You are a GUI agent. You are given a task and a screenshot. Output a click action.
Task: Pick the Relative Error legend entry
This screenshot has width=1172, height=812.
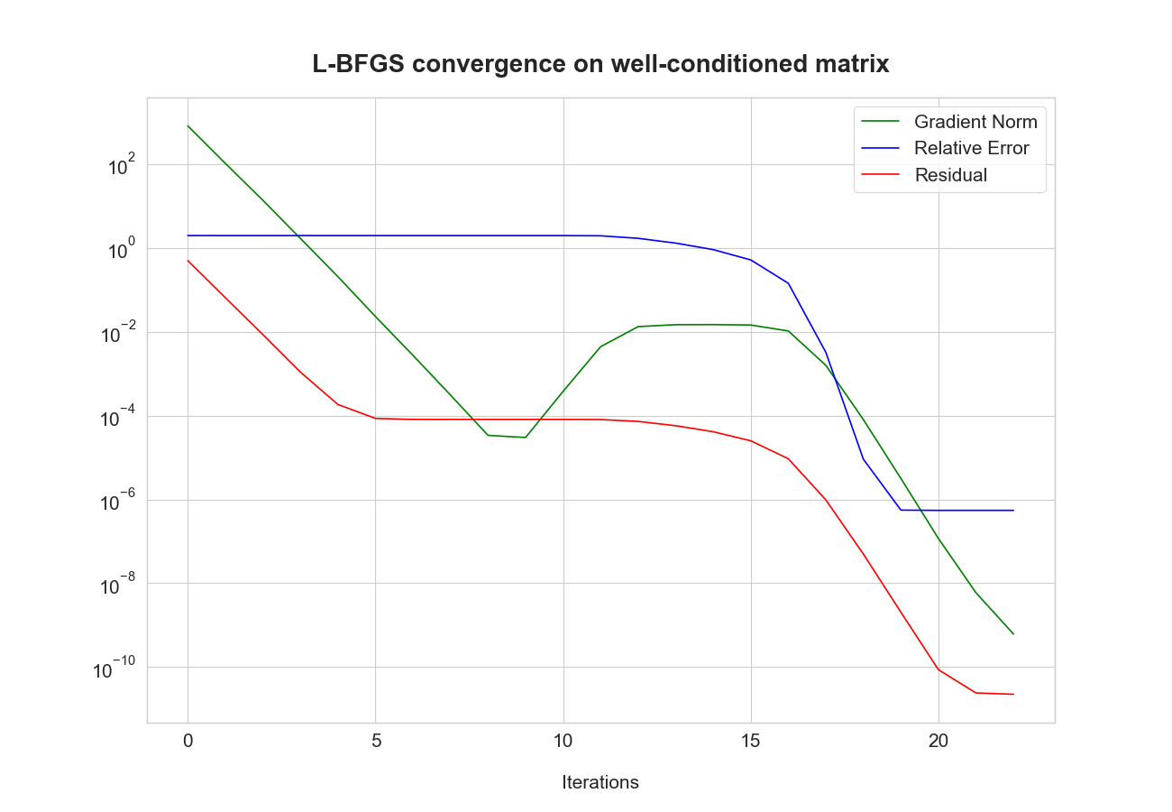tap(971, 148)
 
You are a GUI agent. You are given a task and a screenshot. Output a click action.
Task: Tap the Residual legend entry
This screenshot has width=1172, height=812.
tap(950, 175)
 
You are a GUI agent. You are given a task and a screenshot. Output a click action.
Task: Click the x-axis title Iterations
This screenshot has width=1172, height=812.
tap(600, 782)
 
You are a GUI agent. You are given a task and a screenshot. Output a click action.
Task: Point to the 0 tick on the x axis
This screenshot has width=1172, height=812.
tap(188, 741)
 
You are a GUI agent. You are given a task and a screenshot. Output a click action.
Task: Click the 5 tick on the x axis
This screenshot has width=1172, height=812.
tap(376, 741)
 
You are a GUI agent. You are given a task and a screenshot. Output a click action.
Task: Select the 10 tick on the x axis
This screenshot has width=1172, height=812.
tap(563, 741)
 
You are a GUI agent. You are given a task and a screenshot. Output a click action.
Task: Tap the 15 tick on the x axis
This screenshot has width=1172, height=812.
tap(751, 741)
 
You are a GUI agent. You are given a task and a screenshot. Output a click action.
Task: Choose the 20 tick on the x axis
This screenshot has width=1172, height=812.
tap(939, 741)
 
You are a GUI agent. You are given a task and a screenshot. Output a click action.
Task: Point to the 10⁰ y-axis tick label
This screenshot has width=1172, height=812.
tap(120, 250)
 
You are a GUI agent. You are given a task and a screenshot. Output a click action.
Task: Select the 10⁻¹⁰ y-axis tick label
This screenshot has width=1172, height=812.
tap(114, 669)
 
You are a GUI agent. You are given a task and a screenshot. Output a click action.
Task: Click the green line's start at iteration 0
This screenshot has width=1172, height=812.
tap(188, 125)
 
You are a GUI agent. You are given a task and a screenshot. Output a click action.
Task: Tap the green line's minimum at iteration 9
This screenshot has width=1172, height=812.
tap(526, 438)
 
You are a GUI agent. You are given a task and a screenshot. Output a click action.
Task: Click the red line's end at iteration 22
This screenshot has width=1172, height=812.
tap(1013, 694)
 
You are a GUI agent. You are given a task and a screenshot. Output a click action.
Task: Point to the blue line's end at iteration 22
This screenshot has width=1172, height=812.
tap(1013, 511)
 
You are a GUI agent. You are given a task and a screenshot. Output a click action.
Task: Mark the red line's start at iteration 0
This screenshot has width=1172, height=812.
tap(188, 261)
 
